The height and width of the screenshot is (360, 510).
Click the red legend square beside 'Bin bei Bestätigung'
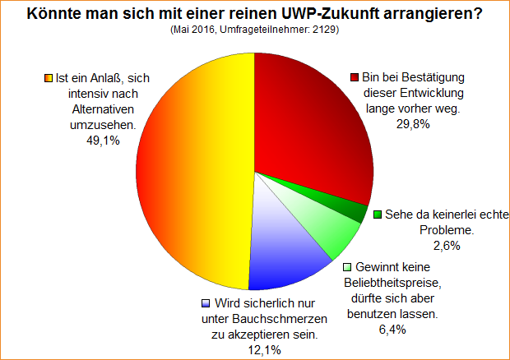[x=355, y=78]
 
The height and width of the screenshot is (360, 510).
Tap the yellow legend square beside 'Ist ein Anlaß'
[x=48, y=79]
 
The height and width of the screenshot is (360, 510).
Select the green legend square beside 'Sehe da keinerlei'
[x=378, y=215]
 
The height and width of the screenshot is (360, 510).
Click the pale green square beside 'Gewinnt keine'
[x=348, y=267]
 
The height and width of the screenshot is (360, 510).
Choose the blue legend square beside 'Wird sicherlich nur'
[x=206, y=303]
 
